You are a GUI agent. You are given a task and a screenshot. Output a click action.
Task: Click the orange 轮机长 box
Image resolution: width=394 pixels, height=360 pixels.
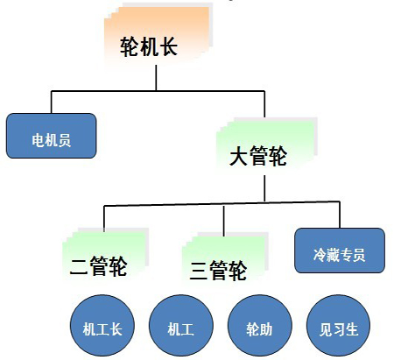tap(158, 35)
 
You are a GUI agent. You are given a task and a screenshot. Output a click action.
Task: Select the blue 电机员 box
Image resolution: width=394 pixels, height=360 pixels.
tap(52, 136)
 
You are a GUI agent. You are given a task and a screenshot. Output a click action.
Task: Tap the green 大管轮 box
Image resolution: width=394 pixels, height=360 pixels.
tap(267, 145)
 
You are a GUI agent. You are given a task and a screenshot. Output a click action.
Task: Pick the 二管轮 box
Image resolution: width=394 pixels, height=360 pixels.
tap(106, 253)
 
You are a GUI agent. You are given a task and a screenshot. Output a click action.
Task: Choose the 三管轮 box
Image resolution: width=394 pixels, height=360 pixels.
tap(225, 256)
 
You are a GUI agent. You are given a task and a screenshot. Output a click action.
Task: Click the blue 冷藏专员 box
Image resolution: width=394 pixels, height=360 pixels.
tap(340, 251)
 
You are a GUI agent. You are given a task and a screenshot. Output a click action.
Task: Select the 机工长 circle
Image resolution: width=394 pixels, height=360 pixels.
tap(102, 325)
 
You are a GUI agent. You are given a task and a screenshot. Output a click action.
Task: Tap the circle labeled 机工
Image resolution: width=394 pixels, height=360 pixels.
tap(181, 325)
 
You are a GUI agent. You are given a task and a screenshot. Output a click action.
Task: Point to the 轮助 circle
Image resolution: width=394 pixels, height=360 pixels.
tap(260, 325)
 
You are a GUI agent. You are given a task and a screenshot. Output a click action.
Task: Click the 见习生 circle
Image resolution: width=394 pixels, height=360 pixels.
tap(339, 325)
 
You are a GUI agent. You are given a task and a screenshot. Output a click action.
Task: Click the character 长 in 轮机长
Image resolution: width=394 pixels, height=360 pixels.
tap(168, 46)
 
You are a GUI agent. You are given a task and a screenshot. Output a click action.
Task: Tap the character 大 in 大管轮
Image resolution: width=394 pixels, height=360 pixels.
tap(238, 156)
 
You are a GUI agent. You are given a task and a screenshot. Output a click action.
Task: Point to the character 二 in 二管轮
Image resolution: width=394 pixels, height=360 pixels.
tap(79, 266)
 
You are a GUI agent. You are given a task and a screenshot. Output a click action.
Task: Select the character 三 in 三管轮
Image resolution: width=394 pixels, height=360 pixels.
tap(199, 271)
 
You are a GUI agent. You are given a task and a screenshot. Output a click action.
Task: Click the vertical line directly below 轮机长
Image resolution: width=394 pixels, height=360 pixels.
tap(156, 78)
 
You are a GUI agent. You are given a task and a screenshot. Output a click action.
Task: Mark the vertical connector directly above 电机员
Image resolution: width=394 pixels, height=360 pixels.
tap(52, 102)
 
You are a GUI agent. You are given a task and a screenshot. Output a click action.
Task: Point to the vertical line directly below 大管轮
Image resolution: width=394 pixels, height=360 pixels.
tap(264, 188)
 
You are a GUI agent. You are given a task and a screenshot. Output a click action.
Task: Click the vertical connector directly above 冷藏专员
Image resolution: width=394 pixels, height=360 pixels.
tap(340, 215)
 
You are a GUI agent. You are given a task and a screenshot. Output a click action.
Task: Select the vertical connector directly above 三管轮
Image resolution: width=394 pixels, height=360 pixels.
tap(224, 221)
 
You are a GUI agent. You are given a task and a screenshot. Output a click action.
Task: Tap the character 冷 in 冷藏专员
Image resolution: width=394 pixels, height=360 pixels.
tap(320, 255)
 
